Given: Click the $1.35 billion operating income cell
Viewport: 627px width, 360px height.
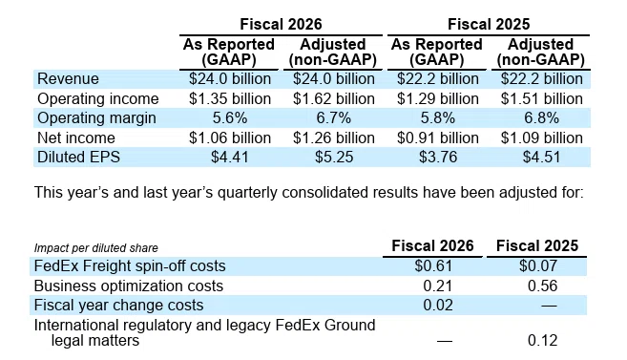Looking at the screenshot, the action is point(230,98).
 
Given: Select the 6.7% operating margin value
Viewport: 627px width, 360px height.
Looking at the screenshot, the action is point(334,118).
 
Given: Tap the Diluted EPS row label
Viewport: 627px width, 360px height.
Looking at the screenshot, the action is point(78,157).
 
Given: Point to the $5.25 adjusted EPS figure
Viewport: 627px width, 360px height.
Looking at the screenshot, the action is point(334,157).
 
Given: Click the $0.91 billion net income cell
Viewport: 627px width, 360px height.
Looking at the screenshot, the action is point(438,138).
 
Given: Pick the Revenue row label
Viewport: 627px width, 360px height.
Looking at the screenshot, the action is point(68,79).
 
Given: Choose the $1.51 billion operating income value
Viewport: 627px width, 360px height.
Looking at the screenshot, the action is point(542,98).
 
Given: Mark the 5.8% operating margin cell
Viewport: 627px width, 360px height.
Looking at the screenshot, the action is point(438,118).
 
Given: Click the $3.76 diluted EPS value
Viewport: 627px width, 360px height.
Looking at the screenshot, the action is point(438,157).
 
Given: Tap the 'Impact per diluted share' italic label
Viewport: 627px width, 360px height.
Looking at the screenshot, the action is point(96,248).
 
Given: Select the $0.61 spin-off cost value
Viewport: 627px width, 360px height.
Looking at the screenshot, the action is point(433,266).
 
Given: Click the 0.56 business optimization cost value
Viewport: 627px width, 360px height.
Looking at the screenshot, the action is point(543,286).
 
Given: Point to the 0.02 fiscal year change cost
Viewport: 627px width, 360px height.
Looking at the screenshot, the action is point(438,306).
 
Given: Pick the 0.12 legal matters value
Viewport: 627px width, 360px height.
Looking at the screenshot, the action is point(543,340).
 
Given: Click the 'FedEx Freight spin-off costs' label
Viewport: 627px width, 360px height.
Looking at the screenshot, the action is point(130,266).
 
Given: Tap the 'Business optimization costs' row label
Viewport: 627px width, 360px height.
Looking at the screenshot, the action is point(129,286).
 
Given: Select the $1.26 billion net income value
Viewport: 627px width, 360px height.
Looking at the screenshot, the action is point(334,138).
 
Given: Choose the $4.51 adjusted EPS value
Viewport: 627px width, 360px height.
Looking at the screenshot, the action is point(542,157).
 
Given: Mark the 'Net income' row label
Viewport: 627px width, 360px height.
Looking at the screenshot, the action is point(76,138).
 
